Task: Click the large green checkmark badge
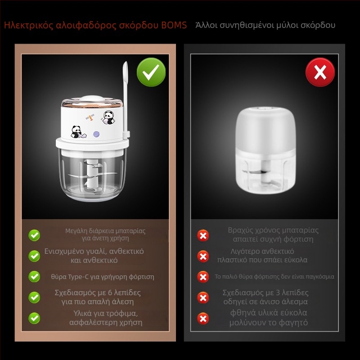click(151, 72)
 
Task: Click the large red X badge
click(320, 72)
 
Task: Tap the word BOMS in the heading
click(174, 25)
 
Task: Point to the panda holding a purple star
click(78, 132)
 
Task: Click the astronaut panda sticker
click(108, 117)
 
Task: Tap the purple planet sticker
click(96, 134)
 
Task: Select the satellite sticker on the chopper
click(90, 118)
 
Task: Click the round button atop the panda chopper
click(91, 99)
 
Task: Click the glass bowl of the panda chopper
click(92, 175)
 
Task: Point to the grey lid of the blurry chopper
click(265, 130)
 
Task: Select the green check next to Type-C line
click(34, 276)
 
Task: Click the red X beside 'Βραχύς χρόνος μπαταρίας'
click(203, 235)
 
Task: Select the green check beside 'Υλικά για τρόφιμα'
click(34, 318)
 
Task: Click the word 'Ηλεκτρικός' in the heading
click(29, 25)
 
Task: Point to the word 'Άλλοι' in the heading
click(207, 25)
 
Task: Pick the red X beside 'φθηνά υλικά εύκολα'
click(203, 319)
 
